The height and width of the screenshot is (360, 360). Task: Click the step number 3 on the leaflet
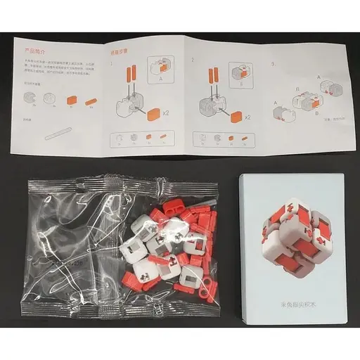[x=273, y=63]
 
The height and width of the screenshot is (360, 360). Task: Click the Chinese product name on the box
[x=292, y=307]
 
